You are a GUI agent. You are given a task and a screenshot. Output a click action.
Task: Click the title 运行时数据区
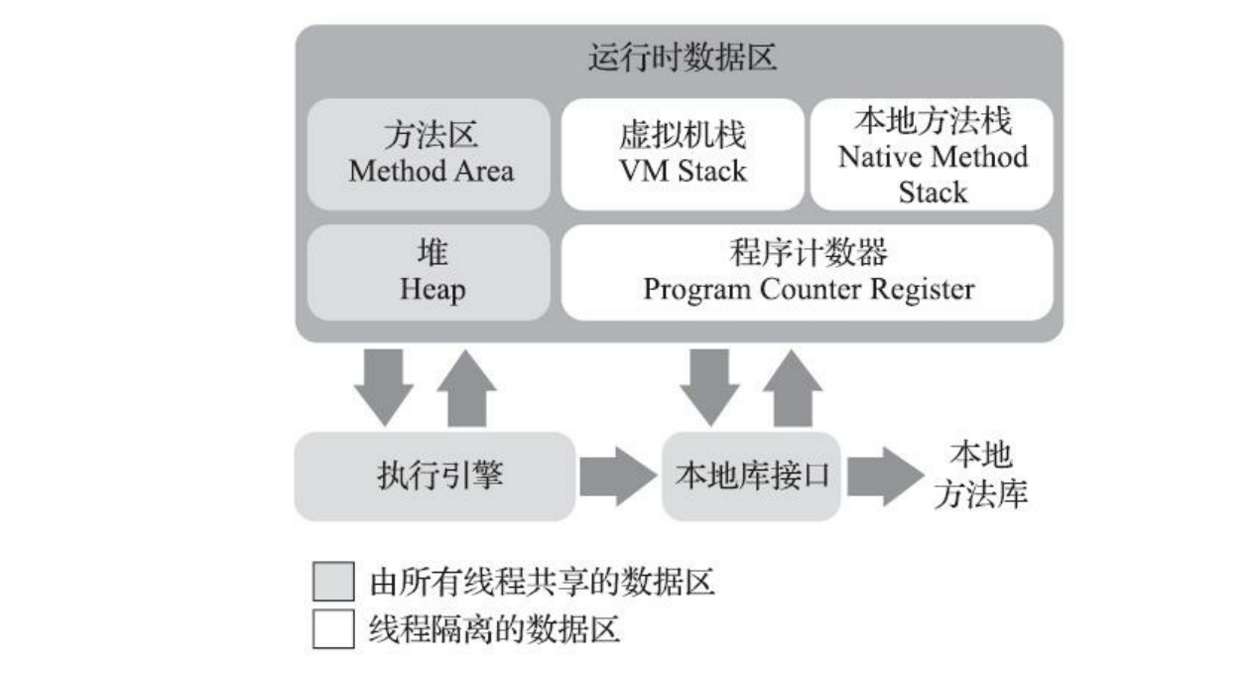[x=681, y=60]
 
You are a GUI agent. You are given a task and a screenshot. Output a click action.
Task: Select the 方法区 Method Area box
[x=431, y=154]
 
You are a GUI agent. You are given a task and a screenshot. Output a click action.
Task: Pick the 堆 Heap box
[x=431, y=272]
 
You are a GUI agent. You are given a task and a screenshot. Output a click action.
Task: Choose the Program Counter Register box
[x=808, y=272]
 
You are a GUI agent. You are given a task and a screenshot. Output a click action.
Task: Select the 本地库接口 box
[x=751, y=476]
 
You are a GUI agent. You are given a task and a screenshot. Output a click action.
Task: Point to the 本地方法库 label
[x=980, y=476]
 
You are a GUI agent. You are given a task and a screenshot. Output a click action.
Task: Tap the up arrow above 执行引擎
[x=465, y=389]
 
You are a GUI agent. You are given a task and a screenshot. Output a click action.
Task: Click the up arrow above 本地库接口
[x=791, y=389]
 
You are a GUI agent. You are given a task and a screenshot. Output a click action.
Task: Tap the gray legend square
[x=332, y=582]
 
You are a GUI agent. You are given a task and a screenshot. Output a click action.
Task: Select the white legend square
[x=332, y=629]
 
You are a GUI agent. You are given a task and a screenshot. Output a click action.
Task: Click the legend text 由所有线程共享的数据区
[x=542, y=582]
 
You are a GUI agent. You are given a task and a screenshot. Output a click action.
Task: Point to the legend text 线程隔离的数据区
[x=494, y=629]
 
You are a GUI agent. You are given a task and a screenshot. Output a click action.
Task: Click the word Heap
[x=432, y=290]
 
